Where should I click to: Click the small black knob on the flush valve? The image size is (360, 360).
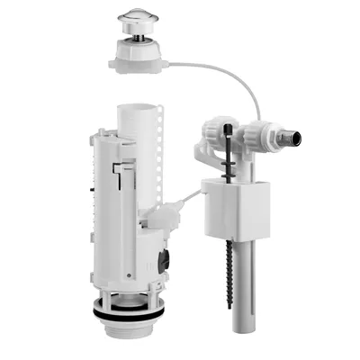(x=162, y=264)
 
